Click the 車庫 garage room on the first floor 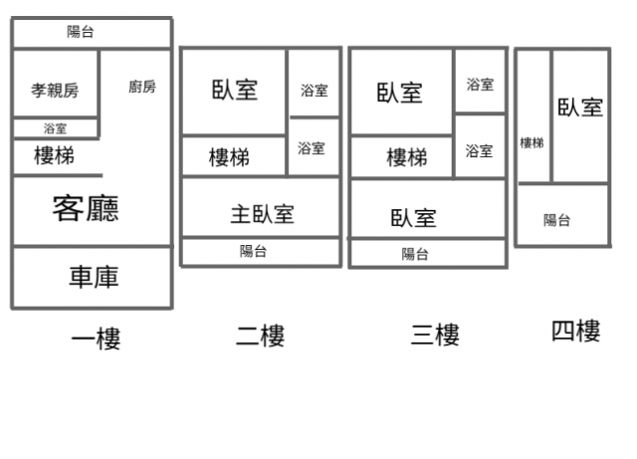pyautogui.click(x=93, y=277)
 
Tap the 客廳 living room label pyautogui.click(x=86, y=209)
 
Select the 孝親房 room pyautogui.click(x=55, y=91)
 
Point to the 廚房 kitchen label pyautogui.click(x=142, y=87)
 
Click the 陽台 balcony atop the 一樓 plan pyautogui.click(x=81, y=32)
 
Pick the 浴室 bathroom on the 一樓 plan pyautogui.click(x=56, y=128)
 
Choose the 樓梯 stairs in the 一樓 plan pyautogui.click(x=54, y=156)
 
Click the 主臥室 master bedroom pyautogui.click(x=262, y=214)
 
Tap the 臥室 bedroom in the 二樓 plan pyautogui.click(x=235, y=90)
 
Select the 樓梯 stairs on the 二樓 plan pyautogui.click(x=229, y=157)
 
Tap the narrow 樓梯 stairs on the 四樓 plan pyautogui.click(x=532, y=143)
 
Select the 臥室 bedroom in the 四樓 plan pyautogui.click(x=580, y=108)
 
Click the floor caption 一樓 pyautogui.click(x=96, y=340)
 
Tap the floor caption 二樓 pyautogui.click(x=260, y=337)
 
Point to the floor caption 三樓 pyautogui.click(x=435, y=335)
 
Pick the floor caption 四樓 pyautogui.click(x=575, y=331)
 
